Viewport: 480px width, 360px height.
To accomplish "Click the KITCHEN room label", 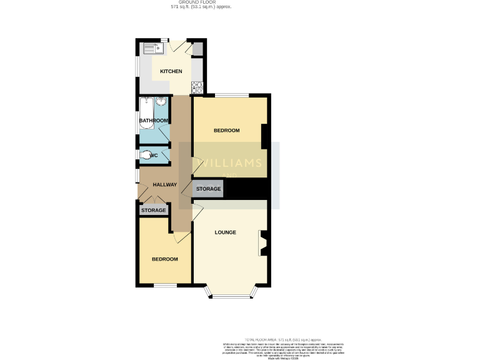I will [171, 71].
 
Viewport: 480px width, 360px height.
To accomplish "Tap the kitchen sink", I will [151, 47].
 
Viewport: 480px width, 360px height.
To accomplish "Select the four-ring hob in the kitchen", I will [197, 87].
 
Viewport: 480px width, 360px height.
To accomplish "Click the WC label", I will [154, 155].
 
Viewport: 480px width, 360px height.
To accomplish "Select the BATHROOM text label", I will [154, 121].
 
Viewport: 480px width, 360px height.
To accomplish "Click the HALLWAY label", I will [165, 184].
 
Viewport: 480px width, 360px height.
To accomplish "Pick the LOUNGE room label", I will [225, 232].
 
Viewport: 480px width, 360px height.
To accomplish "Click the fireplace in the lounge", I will [263, 243].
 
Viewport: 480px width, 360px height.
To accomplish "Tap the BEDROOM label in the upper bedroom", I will [226, 131].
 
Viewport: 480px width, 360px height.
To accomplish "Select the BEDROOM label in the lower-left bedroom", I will [165, 259].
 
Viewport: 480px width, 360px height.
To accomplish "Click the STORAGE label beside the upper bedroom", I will [208, 189].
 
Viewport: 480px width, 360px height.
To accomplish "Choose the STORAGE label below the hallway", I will [154, 211].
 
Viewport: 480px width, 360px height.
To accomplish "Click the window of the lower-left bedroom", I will [166, 286].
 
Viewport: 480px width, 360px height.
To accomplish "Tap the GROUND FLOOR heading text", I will [197, 2].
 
